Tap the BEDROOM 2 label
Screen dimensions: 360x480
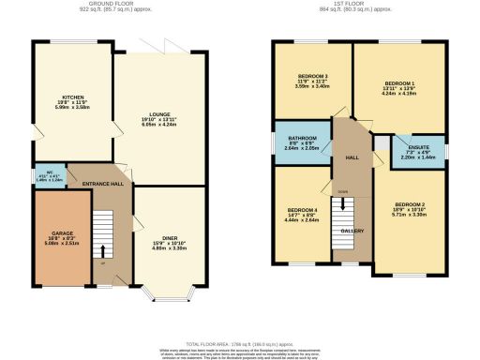click(x=410, y=204)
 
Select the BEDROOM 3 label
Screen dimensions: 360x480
click(x=308, y=76)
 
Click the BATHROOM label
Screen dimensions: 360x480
click(x=302, y=138)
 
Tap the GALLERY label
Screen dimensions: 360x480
click(x=352, y=230)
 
